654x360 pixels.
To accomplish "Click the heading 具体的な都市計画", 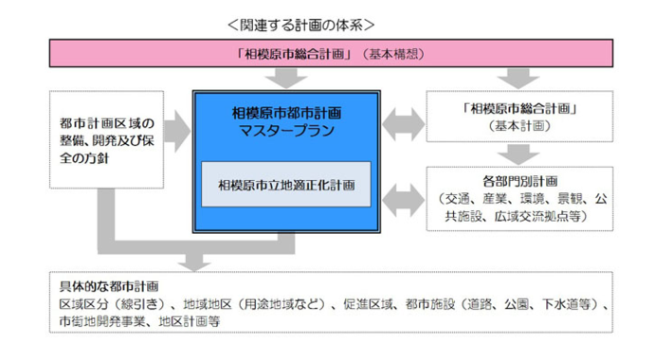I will pos(106,285).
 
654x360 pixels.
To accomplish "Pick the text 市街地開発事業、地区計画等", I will pos(139,321).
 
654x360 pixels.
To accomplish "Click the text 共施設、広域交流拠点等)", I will pos(519,217).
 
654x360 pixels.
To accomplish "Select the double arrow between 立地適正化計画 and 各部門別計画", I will pos(405,195).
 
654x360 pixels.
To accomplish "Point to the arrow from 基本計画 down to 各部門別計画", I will pos(517,154).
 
